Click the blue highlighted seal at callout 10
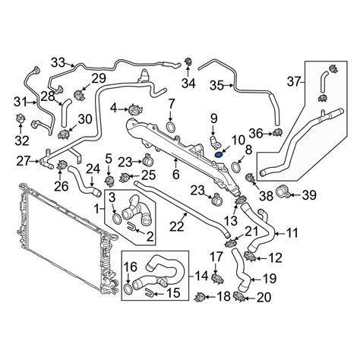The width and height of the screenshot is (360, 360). [x=219, y=154]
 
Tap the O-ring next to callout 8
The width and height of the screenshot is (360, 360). [x=236, y=167]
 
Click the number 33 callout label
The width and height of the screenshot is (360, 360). [x=58, y=62]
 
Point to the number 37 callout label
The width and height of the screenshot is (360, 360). [x=294, y=81]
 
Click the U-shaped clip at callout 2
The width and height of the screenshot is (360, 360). [x=132, y=226]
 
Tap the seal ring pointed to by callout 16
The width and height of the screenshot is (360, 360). [x=128, y=288]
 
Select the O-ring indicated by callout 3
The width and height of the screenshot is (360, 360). [x=116, y=219]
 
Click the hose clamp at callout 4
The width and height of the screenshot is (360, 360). [x=135, y=110]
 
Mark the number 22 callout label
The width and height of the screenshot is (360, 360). [x=176, y=226]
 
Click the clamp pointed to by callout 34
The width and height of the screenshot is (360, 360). [x=188, y=62]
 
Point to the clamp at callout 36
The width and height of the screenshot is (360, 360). [x=278, y=132]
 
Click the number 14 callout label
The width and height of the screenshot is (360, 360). [x=202, y=276]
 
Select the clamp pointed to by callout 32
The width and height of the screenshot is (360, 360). [x=20, y=118]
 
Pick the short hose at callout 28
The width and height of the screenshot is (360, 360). [x=65, y=113]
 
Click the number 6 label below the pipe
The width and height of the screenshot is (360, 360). [x=175, y=174]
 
